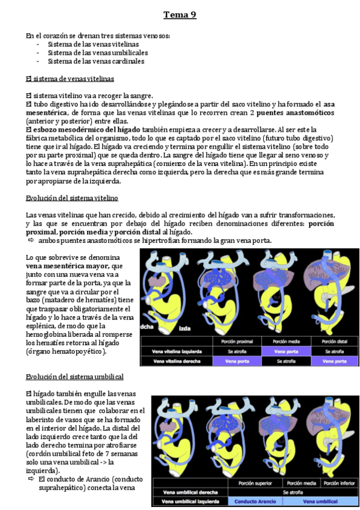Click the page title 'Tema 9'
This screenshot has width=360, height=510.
pyautogui.click(x=180, y=15)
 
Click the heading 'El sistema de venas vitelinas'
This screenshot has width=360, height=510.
pyautogui.click(x=70, y=79)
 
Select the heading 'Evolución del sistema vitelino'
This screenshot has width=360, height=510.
pyautogui.click(x=72, y=198)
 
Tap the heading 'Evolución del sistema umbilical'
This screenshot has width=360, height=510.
pyautogui.click(x=75, y=376)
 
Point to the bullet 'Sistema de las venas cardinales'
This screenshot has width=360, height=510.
pyautogui.click(x=96, y=61)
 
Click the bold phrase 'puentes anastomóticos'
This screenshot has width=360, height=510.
pyautogui.click(x=296, y=112)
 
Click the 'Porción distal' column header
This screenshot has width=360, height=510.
pyautogui.click(x=334, y=340)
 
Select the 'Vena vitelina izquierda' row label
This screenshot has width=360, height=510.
pyautogui.click(x=177, y=351)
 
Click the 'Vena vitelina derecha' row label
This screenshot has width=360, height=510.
pyautogui.click(x=176, y=361)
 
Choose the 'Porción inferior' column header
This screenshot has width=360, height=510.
pyautogui.click(x=338, y=482)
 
